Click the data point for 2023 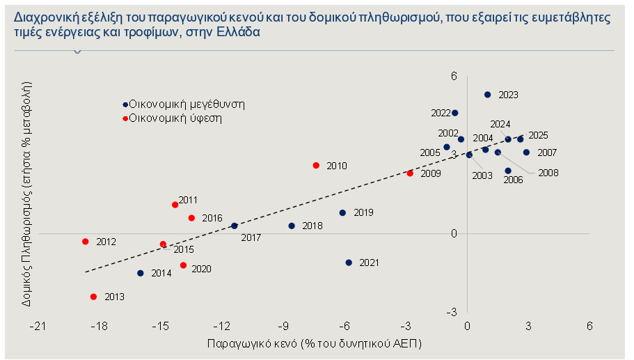[x=487, y=95]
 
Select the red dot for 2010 [x=316, y=166]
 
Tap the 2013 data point [x=93, y=297]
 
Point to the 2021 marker [x=349, y=263]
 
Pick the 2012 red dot [x=85, y=242]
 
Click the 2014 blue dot [x=141, y=273]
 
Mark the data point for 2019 [x=342, y=212]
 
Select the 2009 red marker [x=410, y=173]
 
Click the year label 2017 [x=251, y=238]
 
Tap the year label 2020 [x=201, y=269]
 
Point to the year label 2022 [x=441, y=113]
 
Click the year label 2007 [x=547, y=152]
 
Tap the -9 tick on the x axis [x=283, y=326]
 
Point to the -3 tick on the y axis [x=452, y=311]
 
